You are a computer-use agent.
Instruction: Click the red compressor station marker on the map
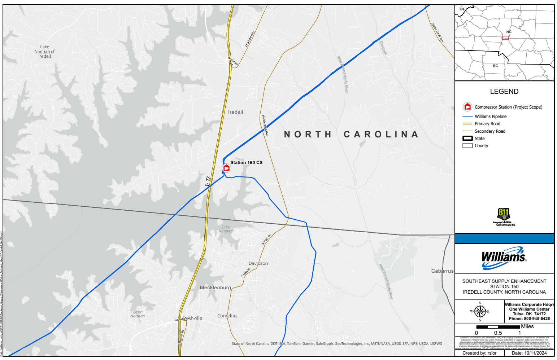tap(226, 168)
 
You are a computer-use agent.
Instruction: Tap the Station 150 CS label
tap(246, 163)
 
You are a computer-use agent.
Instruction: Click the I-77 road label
tap(208, 181)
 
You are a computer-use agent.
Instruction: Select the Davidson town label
tap(258, 263)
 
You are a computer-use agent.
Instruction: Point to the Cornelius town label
tap(227, 316)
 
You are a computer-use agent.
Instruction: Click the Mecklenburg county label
tap(215, 287)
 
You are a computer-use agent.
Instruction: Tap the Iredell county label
tap(236, 113)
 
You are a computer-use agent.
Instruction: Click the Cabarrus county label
tap(442, 271)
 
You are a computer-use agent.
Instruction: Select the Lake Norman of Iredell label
tap(45, 52)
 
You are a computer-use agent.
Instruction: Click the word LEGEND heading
tap(504, 92)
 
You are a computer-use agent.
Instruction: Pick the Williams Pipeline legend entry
tap(491, 117)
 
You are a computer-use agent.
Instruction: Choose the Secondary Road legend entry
tap(490, 131)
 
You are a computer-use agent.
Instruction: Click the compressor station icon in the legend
tap(467, 107)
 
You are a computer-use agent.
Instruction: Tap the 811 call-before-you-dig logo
tap(504, 216)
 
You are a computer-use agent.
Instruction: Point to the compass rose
tap(480, 312)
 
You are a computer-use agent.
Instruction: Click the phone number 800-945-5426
tap(537, 319)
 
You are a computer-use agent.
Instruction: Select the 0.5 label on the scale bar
tap(498, 333)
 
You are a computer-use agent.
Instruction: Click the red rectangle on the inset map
tap(505, 38)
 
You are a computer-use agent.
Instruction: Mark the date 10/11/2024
tap(535, 353)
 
